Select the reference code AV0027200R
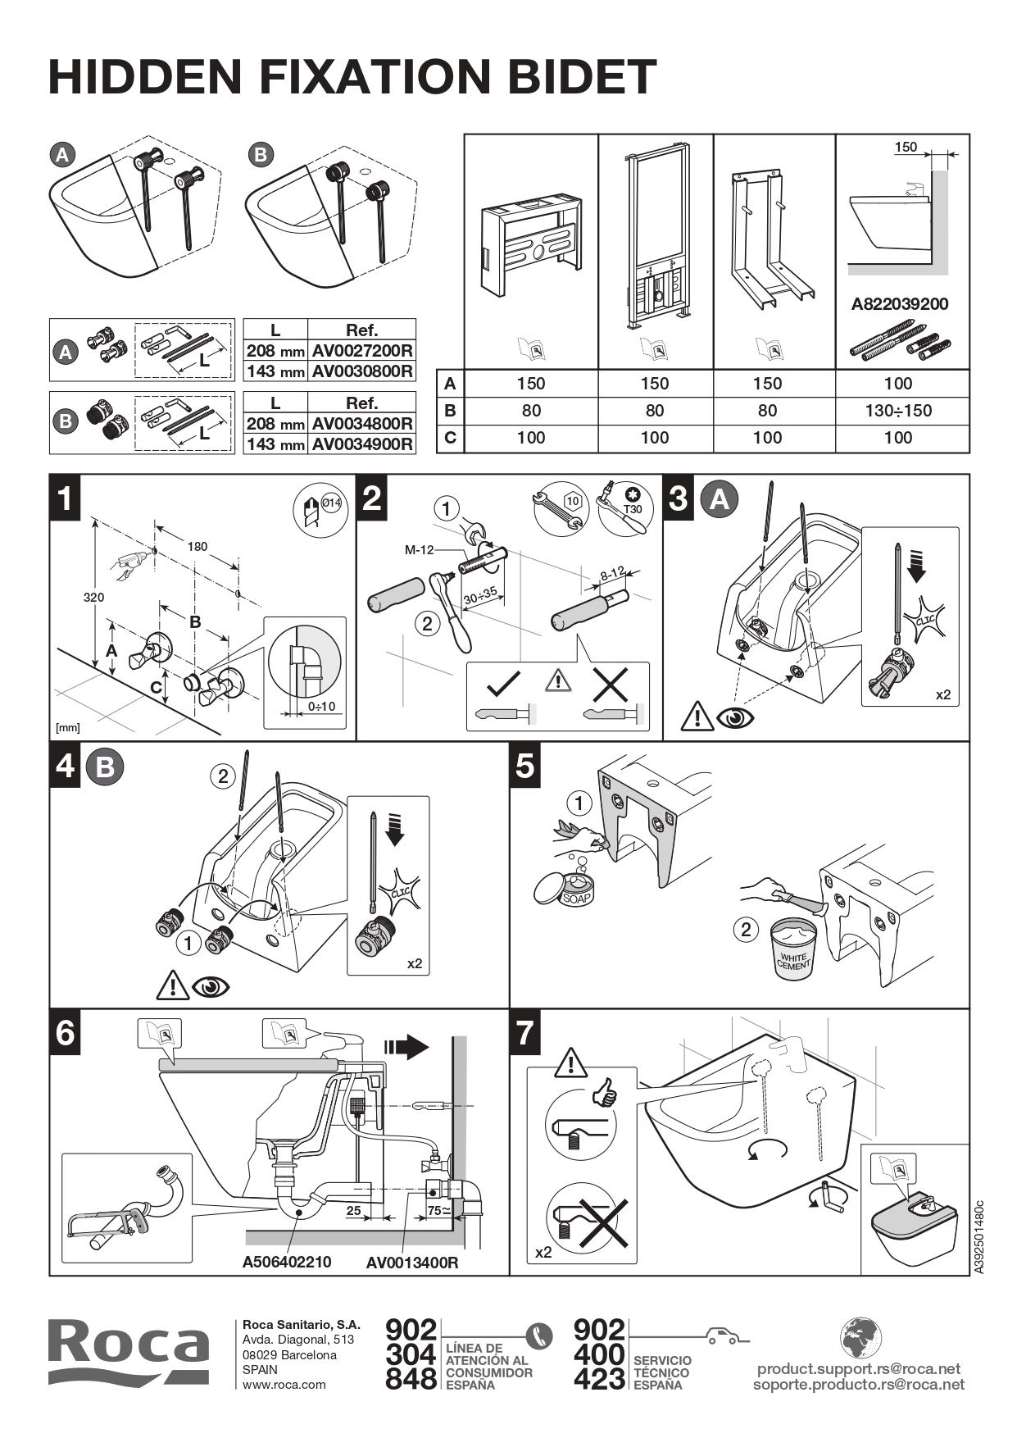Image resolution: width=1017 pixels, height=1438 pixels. point(361,351)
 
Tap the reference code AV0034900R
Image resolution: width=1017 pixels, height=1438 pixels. point(361,444)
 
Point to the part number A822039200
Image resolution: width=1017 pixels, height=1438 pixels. point(899,304)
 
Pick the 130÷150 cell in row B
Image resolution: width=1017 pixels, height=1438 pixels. point(898,411)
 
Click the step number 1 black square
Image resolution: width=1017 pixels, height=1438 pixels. point(66,498)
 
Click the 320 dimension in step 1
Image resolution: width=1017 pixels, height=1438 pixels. point(93,598)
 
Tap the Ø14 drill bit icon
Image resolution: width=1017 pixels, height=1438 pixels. point(317,511)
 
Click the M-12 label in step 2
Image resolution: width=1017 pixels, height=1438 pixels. point(419,550)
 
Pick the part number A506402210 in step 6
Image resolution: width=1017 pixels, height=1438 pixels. point(287,1262)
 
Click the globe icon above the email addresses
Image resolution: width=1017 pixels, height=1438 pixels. point(860,1337)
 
